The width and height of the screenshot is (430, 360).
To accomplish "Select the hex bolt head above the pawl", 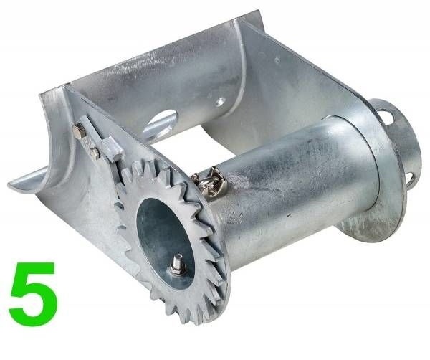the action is [80, 130].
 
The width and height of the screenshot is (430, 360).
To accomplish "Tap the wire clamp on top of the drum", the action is [209, 181].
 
